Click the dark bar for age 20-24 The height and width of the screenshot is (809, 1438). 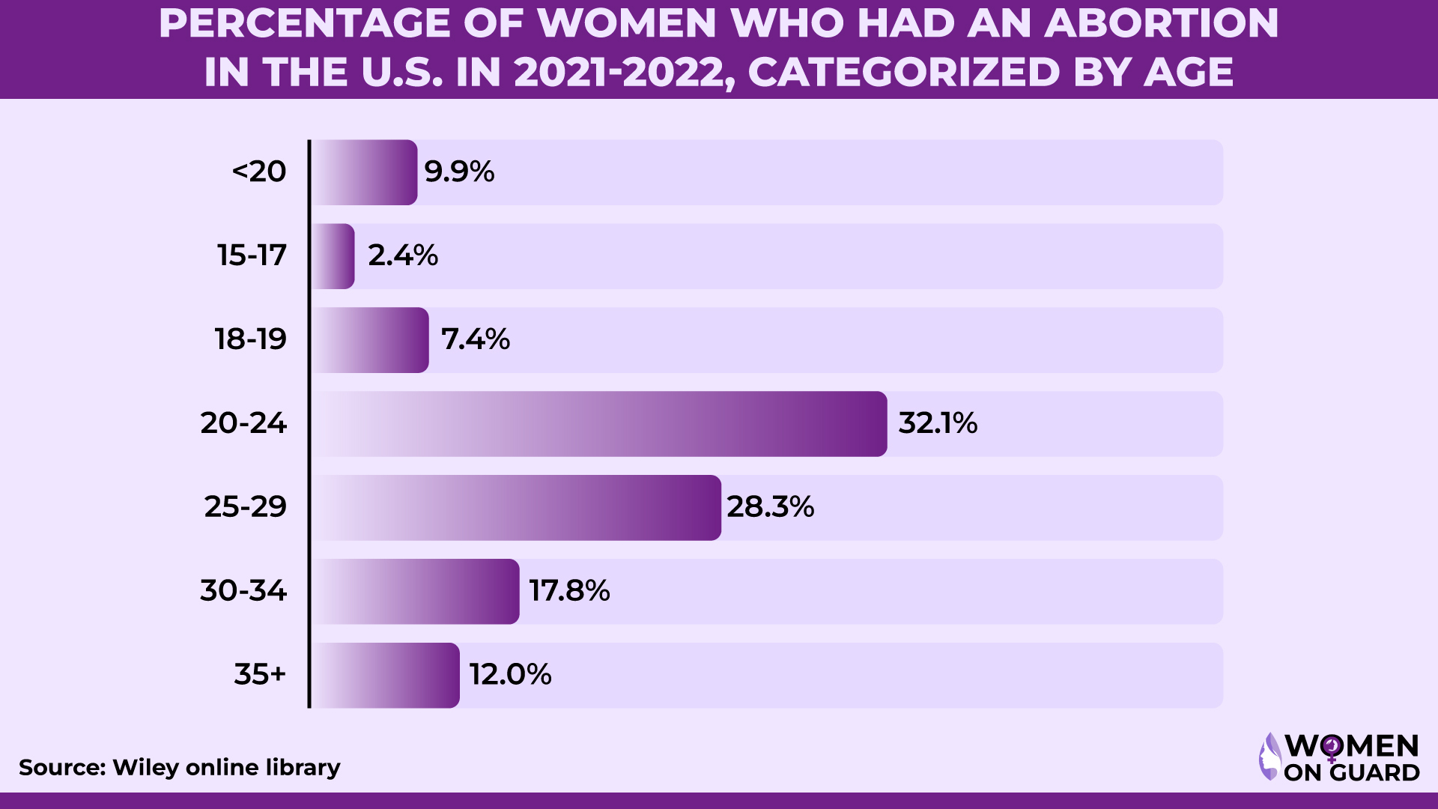click(x=599, y=424)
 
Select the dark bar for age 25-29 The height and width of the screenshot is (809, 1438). click(x=517, y=508)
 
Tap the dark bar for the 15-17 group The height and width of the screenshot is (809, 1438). click(x=334, y=256)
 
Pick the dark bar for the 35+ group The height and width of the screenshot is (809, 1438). click(x=386, y=676)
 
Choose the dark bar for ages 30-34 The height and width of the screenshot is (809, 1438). click(x=416, y=592)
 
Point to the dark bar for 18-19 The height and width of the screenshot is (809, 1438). click(x=371, y=340)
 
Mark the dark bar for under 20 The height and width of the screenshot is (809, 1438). click(x=365, y=172)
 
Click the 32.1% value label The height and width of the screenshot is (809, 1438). click(x=938, y=424)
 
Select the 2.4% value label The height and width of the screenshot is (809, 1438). click(x=403, y=256)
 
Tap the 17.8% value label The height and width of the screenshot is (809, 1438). click(x=569, y=592)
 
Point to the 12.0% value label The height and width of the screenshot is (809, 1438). click(x=510, y=676)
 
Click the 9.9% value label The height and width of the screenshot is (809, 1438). click(x=459, y=172)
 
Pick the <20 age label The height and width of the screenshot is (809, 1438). click(x=259, y=172)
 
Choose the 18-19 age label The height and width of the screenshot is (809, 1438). click(x=251, y=340)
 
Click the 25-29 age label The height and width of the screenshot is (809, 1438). click(x=246, y=508)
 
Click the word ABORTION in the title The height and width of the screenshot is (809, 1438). click(x=1162, y=24)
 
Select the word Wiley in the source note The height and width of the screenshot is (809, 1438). click(x=146, y=768)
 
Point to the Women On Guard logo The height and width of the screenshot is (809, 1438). click(x=1339, y=757)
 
